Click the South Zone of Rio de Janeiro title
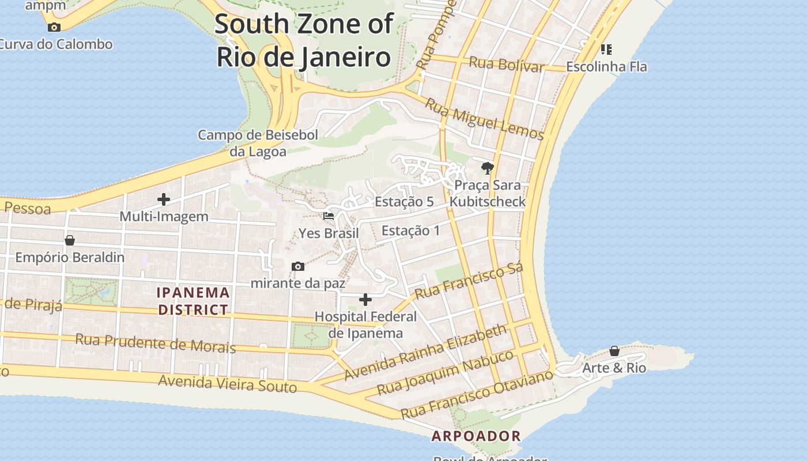[304, 41]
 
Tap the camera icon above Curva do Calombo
[54, 27]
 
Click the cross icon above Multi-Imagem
[164, 200]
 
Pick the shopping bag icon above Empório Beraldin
[70, 240]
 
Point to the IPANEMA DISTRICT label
[194, 301]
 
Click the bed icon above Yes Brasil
[329, 216]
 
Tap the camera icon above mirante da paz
[298, 266]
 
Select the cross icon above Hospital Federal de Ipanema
[365, 300]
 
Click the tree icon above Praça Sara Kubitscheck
[488, 168]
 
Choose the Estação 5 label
[404, 202]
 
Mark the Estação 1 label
[410, 231]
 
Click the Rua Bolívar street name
[507, 65]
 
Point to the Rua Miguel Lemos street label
[485, 119]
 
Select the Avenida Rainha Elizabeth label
[426, 352]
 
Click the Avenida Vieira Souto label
[228, 383]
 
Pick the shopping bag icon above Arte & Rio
[614, 351]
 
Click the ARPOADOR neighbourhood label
[476, 436]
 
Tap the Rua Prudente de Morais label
[156, 343]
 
